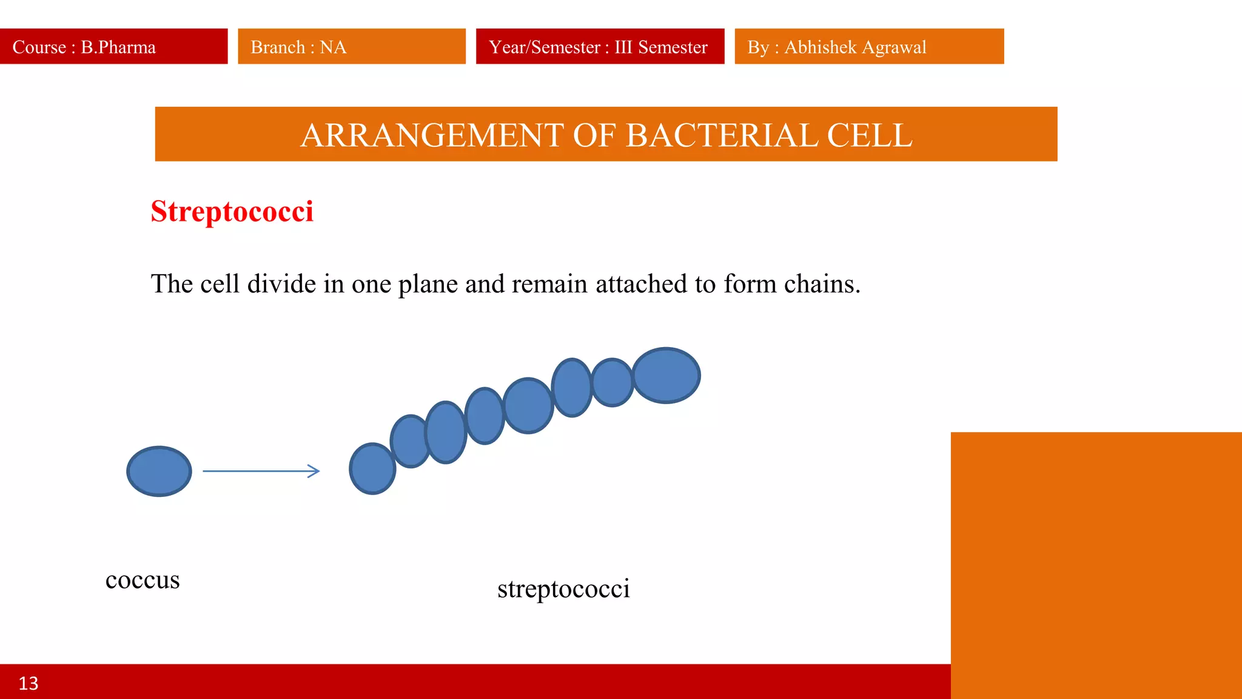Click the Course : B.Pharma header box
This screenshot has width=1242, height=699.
113,47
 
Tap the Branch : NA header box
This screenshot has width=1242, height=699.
351,47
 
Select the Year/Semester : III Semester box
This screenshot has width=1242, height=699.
600,47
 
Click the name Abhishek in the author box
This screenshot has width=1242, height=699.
820,47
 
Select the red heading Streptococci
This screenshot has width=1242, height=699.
232,212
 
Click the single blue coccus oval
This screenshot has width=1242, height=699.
159,471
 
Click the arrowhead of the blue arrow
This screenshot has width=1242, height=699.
314,471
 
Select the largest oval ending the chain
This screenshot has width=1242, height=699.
666,376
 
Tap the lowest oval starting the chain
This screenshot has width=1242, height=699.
372,469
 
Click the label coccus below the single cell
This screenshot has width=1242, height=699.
143,580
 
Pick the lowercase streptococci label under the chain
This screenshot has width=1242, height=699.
563,589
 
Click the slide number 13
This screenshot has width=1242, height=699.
29,683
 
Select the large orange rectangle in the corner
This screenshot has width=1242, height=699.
1096,564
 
